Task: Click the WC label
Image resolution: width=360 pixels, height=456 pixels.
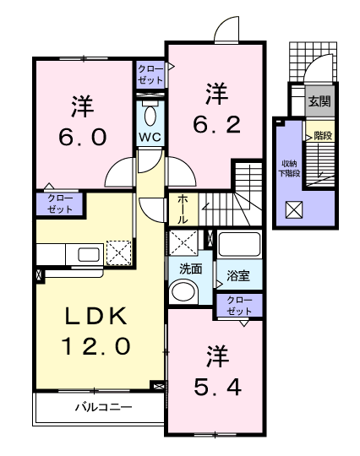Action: (x=150, y=137)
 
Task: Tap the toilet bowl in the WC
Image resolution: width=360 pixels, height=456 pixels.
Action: (x=150, y=116)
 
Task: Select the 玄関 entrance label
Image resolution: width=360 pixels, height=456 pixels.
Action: (x=319, y=101)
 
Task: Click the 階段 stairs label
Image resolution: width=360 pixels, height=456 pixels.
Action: (x=323, y=135)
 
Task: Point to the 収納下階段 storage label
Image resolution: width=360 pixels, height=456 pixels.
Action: (x=290, y=168)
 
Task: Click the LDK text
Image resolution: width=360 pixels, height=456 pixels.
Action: (x=95, y=316)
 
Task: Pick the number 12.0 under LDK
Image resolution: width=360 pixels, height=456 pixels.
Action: (x=95, y=345)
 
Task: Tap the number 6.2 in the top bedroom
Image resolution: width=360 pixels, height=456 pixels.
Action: (x=217, y=124)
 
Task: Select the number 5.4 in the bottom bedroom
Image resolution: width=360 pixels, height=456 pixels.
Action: (x=217, y=387)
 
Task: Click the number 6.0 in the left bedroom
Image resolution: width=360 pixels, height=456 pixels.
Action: (x=83, y=137)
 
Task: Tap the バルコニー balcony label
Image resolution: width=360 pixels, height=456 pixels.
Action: (x=104, y=407)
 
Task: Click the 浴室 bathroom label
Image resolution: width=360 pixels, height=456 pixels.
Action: (x=238, y=275)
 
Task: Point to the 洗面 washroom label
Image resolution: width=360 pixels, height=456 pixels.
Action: (x=191, y=269)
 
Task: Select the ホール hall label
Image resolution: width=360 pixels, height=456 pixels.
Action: (x=183, y=209)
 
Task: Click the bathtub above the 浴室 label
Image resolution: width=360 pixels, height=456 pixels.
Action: (x=239, y=244)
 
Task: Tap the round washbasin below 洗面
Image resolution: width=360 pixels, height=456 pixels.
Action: (x=184, y=291)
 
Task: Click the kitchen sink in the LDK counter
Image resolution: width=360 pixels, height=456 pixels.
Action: (x=89, y=255)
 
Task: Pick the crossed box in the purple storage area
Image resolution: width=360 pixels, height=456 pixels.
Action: (x=294, y=210)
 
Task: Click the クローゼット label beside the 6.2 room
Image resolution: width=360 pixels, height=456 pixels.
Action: (x=150, y=75)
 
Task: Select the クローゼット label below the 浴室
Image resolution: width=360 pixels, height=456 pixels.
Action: (x=239, y=306)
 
